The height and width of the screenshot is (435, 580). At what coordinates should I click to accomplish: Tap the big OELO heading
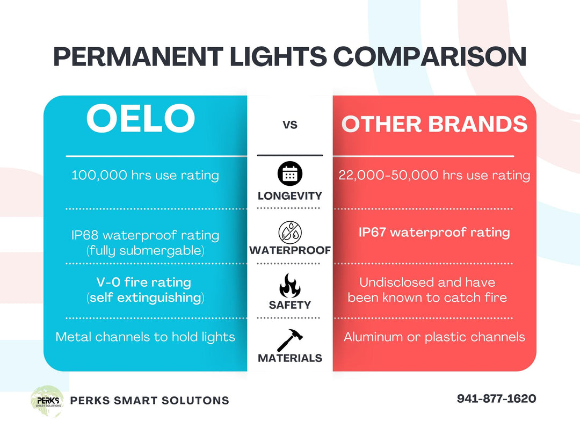(x=140, y=119)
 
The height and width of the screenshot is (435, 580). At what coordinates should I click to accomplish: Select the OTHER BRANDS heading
(x=434, y=125)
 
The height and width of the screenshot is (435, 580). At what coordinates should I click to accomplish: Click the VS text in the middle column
(x=290, y=125)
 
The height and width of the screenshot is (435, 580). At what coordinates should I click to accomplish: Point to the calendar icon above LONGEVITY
(x=290, y=174)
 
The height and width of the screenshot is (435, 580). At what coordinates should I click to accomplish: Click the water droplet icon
(x=290, y=233)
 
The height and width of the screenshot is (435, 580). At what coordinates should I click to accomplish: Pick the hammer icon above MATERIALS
(x=290, y=339)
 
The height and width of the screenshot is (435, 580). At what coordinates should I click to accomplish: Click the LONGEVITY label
(x=290, y=196)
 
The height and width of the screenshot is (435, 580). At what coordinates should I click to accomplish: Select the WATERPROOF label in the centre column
(x=290, y=250)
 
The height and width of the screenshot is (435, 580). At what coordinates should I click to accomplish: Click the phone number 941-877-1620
(x=496, y=398)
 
